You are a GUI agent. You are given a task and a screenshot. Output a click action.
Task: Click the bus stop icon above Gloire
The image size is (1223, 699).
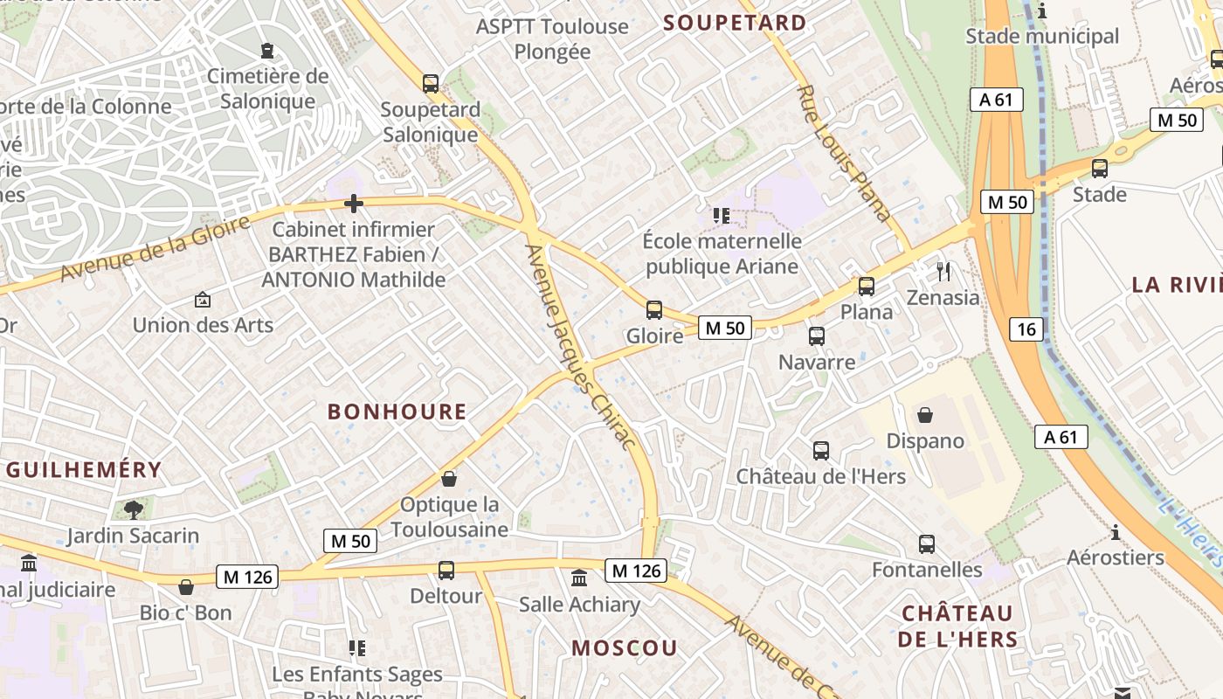(653, 309)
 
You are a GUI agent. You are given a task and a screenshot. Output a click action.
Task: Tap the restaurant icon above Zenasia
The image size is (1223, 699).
(943, 271)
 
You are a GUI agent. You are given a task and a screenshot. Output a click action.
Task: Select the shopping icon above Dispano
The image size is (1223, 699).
(925, 414)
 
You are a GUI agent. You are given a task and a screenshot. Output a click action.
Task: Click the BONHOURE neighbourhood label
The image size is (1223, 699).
(397, 412)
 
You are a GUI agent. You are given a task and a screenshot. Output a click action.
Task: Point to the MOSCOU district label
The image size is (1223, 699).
(625, 647)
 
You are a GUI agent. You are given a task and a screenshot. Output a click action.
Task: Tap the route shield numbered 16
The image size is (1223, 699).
(1026, 329)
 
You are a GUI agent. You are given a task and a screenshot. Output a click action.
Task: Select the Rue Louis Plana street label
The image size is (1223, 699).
(844, 152)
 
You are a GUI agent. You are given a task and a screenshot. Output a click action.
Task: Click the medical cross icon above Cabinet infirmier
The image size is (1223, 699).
(354, 204)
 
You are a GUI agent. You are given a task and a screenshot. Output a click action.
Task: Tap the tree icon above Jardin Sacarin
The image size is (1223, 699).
(134, 509)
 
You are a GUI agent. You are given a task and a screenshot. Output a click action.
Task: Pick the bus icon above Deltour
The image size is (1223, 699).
(446, 571)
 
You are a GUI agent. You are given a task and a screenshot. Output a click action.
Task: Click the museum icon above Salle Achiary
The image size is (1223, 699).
(579, 578)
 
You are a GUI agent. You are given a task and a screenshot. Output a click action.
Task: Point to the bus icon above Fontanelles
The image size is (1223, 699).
(927, 544)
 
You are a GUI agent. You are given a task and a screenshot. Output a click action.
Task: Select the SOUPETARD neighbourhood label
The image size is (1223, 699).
(735, 23)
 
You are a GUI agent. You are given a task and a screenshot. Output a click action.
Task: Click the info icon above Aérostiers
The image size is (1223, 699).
(1115, 531)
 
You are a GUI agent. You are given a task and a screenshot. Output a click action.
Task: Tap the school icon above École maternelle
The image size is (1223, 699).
(722, 215)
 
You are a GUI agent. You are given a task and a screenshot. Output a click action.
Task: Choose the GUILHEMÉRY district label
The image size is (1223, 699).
(84, 469)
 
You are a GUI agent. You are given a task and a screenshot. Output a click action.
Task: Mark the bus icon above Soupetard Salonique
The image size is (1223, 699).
(431, 84)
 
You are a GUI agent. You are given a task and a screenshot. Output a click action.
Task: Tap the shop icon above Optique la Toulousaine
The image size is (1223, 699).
(449, 479)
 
